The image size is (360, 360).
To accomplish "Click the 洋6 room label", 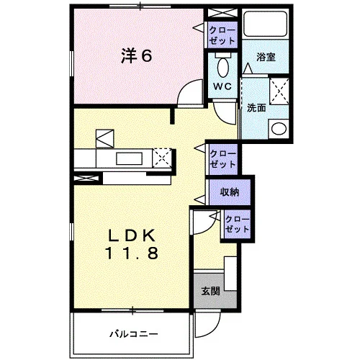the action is pyautogui.click(x=136, y=56).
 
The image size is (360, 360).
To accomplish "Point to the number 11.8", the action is pyautogui.click(x=132, y=253).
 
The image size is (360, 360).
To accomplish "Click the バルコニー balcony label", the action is pyautogui.click(x=134, y=334).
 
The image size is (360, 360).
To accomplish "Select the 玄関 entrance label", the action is pyautogui.click(x=210, y=291).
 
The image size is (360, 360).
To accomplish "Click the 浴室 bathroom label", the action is pyautogui.click(x=266, y=57).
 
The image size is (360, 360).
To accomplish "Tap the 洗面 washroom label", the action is pyautogui.click(x=256, y=108).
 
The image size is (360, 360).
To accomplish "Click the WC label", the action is pyautogui.click(x=222, y=86).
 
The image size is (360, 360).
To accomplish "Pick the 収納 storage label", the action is pyautogui.click(x=230, y=192).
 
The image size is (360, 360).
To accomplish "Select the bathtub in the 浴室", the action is pyautogui.click(x=266, y=24).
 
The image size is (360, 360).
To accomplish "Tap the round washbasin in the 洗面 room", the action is pyautogui.click(x=279, y=129).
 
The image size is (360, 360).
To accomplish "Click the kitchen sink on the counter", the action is pyautogui.click(x=129, y=158).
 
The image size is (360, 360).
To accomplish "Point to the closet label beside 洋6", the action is pyautogui.click(x=222, y=35).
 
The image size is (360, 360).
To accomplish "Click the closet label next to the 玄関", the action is pyautogui.click(x=237, y=224).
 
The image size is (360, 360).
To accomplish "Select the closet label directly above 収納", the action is pyautogui.click(x=222, y=159).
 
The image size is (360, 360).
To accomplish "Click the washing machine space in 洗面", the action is pyautogui.click(x=279, y=91).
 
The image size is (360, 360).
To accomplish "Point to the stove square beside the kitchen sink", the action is pyautogui.click(x=162, y=158).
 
